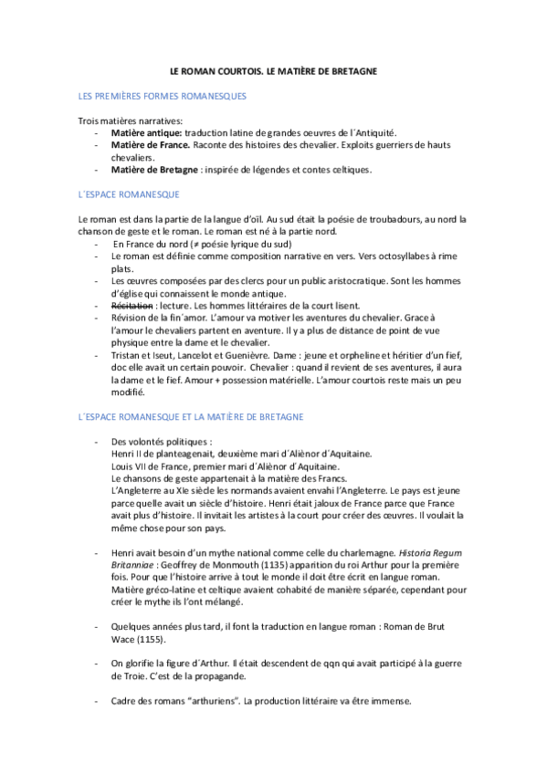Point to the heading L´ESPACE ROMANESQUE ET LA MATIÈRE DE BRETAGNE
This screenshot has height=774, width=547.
point(192,416)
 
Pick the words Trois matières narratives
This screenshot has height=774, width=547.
point(117,120)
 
